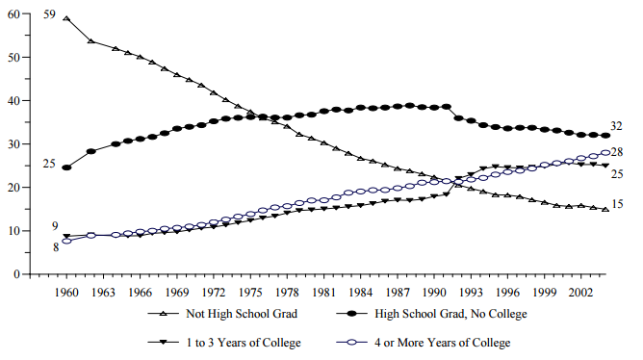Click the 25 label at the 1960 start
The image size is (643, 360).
(x=48, y=164)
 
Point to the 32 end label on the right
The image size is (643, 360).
(x=616, y=127)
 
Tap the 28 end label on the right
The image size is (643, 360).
(x=616, y=153)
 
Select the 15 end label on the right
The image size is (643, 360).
(x=616, y=204)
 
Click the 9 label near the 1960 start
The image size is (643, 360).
(x=55, y=226)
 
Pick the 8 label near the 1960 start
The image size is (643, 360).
(x=55, y=247)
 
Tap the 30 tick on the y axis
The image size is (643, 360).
(x=14, y=144)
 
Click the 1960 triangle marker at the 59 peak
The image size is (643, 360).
(x=66, y=18)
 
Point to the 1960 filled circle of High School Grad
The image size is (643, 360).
(x=66, y=167)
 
